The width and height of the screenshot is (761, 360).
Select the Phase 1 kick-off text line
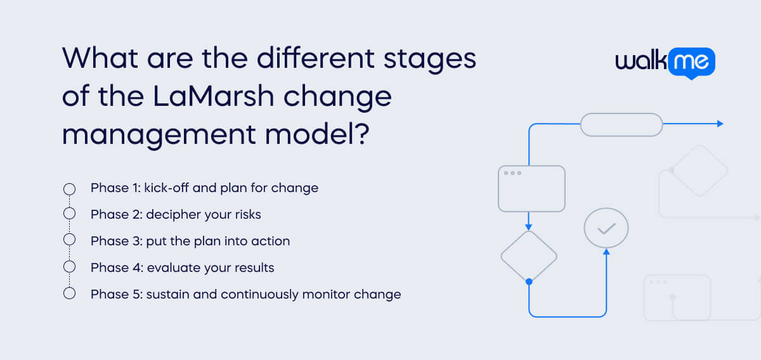tap(204, 188)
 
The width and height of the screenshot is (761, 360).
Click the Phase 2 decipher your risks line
tap(176, 214)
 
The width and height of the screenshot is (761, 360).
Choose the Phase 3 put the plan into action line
tap(190, 241)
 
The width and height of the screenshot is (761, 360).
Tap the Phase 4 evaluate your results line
tap(182, 267)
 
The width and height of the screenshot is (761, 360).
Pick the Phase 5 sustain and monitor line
tap(245, 294)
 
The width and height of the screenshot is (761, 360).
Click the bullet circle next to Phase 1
tap(70, 189)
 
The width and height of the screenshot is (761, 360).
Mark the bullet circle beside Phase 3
tap(70, 241)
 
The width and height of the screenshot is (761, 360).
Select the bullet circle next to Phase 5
tap(70, 293)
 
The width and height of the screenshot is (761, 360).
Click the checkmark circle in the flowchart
tap(606, 228)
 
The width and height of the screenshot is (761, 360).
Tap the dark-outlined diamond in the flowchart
tap(528, 256)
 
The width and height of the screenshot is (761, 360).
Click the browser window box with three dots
tap(531, 188)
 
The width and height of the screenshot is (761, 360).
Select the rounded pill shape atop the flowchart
tap(621, 124)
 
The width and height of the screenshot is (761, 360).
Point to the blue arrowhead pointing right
tap(720, 124)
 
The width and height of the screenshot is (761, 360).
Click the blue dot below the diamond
tap(528, 281)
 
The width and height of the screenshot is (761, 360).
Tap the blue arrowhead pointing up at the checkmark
tap(606, 252)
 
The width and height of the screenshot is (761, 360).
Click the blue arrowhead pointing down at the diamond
tap(528, 227)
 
